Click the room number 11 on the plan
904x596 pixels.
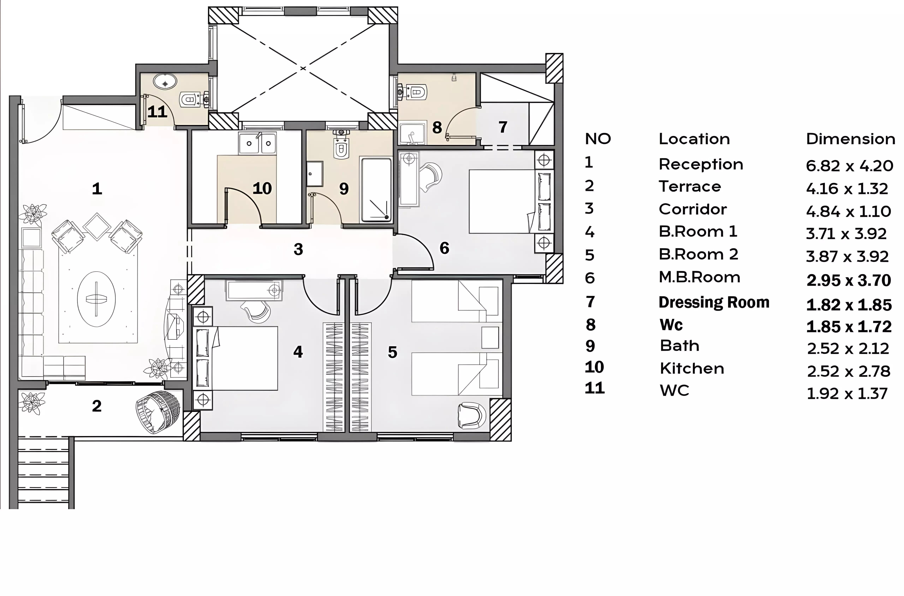coord(157,112)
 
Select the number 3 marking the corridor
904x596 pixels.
coord(298,249)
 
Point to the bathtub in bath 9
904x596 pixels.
coord(376,190)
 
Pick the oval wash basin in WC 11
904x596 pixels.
coord(165,82)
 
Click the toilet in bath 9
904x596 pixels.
coord(341,144)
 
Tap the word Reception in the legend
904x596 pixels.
coord(701,164)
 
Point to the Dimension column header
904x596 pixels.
coord(850,139)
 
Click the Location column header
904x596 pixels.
coord(694,139)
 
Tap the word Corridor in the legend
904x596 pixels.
coord(693,209)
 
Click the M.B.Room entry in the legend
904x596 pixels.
coord(700,278)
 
